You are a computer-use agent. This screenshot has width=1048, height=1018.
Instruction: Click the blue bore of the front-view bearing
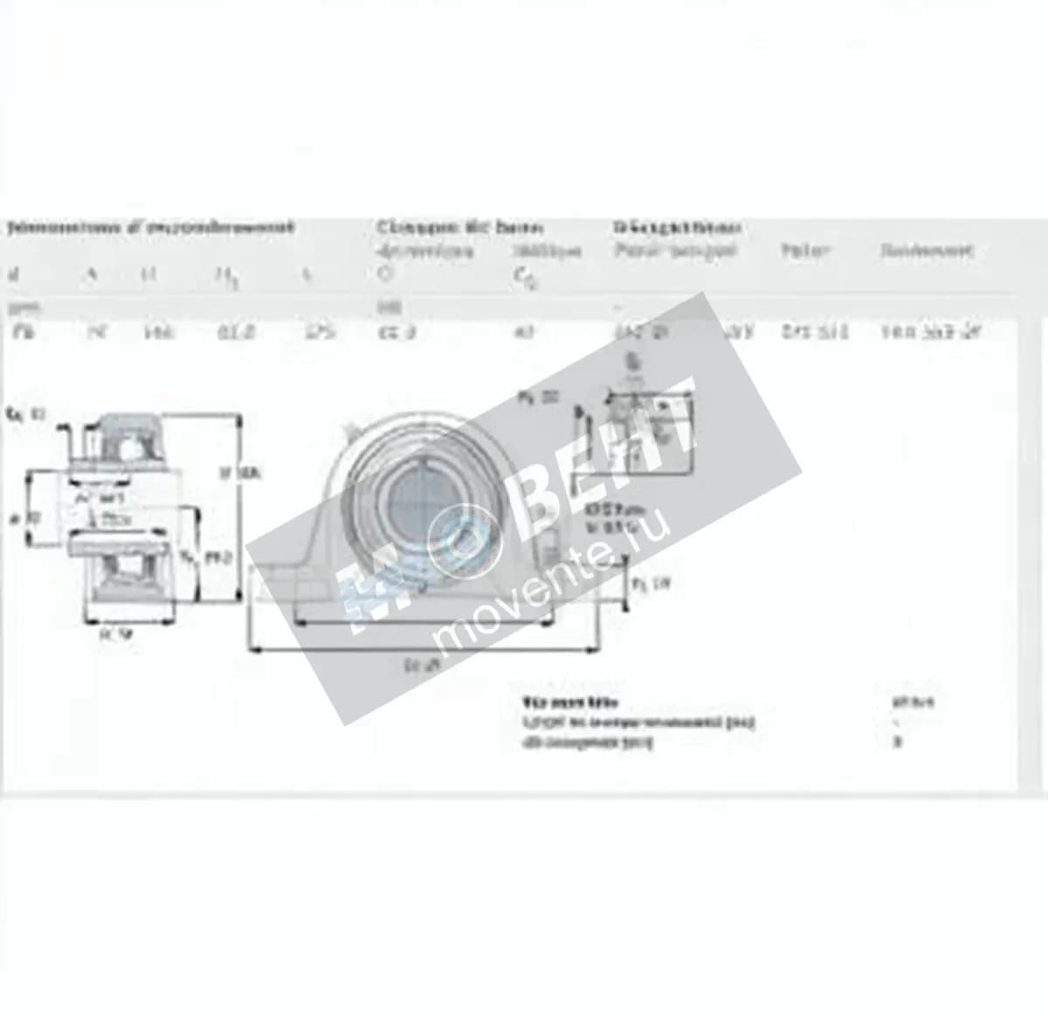418,498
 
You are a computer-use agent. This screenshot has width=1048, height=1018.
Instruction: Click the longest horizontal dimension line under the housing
424,649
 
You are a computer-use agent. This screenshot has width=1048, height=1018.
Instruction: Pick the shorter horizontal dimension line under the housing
424,623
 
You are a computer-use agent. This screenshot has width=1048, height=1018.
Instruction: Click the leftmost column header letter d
12,276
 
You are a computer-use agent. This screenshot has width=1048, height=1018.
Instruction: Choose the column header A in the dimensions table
90,275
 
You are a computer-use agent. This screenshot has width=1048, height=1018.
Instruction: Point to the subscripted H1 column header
224,278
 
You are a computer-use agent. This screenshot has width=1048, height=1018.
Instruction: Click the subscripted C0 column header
521,278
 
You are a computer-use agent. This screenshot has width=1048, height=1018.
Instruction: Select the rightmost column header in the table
926,252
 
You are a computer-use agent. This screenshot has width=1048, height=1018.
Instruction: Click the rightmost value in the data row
931,332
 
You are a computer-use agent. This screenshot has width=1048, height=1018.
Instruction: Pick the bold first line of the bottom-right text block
569,702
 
